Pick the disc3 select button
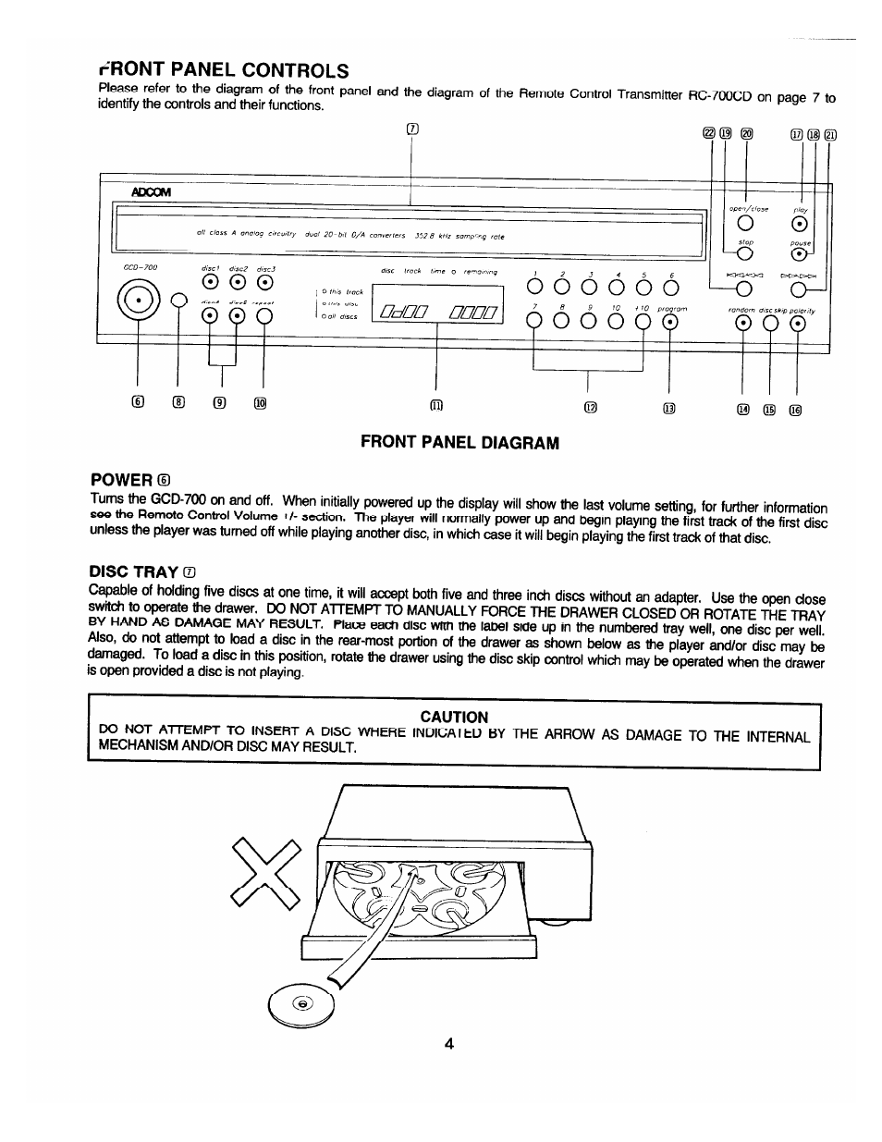[265, 284]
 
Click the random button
[742, 324]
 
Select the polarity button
[797, 324]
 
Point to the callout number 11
[436, 405]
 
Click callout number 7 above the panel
[412, 129]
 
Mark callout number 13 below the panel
[668, 408]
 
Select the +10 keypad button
[642, 322]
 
